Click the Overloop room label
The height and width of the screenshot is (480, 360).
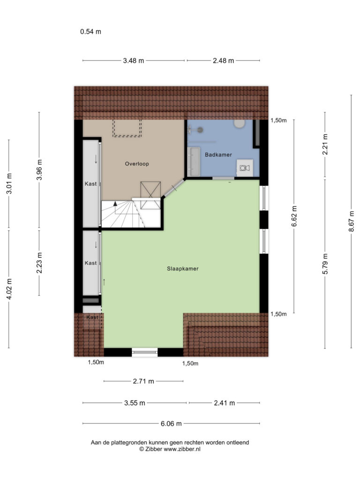coord(137,164)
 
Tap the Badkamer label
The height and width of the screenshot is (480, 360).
coord(218,155)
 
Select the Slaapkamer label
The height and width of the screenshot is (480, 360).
coord(183,269)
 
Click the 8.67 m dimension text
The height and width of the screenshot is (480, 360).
coord(352,221)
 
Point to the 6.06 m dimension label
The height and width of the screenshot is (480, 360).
coord(171,424)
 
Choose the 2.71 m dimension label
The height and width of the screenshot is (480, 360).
coord(143,381)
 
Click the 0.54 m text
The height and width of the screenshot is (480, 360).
coord(90,31)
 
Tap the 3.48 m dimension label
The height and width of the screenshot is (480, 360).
coord(134,60)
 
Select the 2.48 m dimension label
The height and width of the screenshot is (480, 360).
coord(224,60)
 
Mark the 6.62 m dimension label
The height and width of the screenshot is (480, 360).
coord(294,216)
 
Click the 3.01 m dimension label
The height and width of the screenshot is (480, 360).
coord(9,183)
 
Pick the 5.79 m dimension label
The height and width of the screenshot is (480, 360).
coord(325,263)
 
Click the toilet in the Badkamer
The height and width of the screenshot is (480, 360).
coord(239,123)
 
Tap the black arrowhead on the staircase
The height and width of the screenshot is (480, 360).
coord(115,203)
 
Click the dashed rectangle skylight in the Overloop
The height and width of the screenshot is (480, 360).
coord(127,128)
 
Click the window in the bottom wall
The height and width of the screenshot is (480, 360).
coord(144,352)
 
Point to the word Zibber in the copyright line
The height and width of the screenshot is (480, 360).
coord(154,449)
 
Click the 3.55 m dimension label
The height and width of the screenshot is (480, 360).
coord(135,403)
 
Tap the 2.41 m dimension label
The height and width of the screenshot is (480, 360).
coord(225,403)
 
